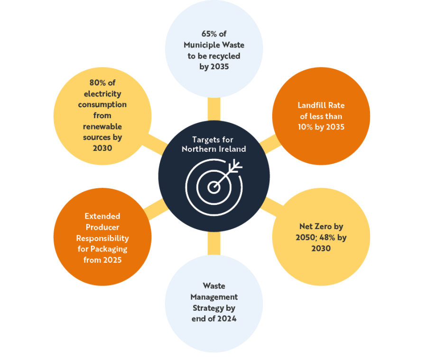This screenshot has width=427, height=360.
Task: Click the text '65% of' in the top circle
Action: coord(213,34)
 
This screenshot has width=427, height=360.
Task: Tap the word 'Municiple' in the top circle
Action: coord(202,45)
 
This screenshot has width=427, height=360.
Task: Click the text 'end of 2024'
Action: coord(214,319)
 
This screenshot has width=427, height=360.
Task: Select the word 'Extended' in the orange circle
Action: coord(102,216)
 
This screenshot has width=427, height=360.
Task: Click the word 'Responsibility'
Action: coord(102,238)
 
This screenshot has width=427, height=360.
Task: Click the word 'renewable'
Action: coord(102,127)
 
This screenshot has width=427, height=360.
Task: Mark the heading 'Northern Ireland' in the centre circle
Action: coord(214,149)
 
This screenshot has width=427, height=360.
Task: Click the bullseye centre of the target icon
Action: coord(213,187)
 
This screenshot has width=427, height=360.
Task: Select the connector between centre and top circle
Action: coord(214,109)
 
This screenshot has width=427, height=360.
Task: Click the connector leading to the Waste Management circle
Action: coord(214,243)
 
